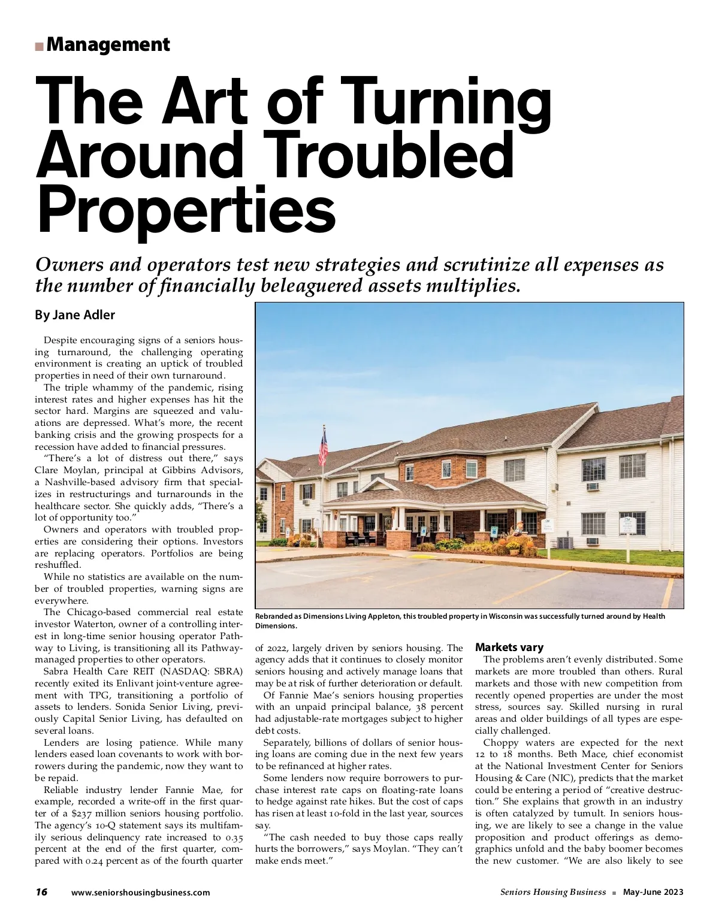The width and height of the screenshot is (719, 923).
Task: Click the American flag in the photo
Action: pos(324,446)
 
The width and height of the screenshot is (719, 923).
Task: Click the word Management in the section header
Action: pos(108,44)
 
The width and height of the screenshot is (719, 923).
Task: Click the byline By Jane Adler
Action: pos(75,315)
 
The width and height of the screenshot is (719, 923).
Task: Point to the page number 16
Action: pos(41,892)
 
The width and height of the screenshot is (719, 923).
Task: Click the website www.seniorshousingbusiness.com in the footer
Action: pos(141,892)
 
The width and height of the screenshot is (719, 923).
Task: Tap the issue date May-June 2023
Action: pos(653,892)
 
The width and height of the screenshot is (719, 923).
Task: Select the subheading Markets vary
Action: pos(509,647)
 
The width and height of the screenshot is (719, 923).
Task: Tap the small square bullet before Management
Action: pos(39,46)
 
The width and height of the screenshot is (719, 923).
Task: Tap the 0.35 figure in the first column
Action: pos(233,837)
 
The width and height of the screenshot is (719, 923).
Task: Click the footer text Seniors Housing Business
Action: pos(553,892)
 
